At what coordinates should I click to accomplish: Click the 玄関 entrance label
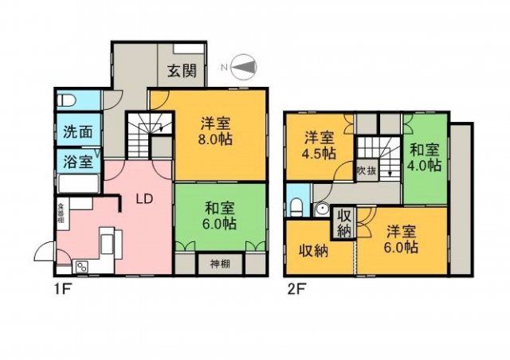pos(181,69)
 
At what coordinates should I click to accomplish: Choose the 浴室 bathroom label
pos(77,161)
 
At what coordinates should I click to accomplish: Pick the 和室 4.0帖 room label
pos(425,157)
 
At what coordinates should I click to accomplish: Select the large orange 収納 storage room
pos(316,251)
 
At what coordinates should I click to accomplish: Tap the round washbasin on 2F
pos(322,209)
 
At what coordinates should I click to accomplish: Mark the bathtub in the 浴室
pos(76,184)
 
